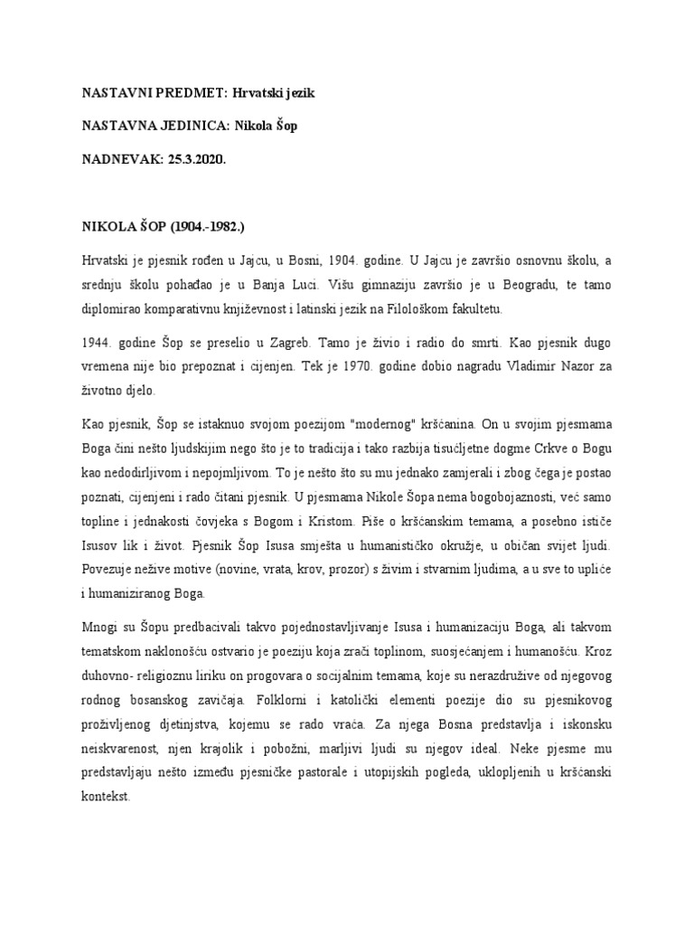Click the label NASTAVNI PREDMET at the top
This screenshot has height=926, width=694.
(136, 93)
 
